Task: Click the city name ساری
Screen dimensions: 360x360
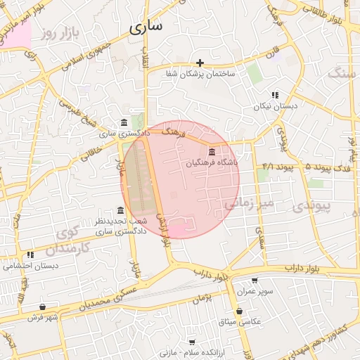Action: (146, 27)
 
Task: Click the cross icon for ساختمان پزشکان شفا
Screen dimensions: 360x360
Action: (200, 63)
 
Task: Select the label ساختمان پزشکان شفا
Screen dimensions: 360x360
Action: (200, 74)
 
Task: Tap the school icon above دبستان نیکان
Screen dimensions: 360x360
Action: (275, 95)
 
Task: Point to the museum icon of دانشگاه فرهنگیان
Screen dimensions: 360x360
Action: (212, 152)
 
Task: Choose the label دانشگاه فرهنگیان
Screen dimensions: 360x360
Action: (212, 162)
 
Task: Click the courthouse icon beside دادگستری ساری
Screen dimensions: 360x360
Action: (124, 122)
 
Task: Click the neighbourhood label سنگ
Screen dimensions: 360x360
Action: (342, 72)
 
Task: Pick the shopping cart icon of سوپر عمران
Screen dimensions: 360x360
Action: (255, 281)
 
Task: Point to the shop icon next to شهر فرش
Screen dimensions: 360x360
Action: (43, 307)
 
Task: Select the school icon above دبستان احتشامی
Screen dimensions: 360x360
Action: (30, 255)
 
